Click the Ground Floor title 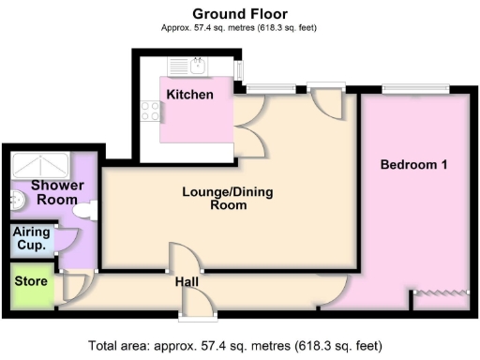click(239, 13)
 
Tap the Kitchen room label click(189, 95)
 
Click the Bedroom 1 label click(412, 165)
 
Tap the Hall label click(187, 280)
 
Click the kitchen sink click(197, 65)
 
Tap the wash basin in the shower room click(16, 198)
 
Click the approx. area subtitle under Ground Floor click(239, 27)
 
